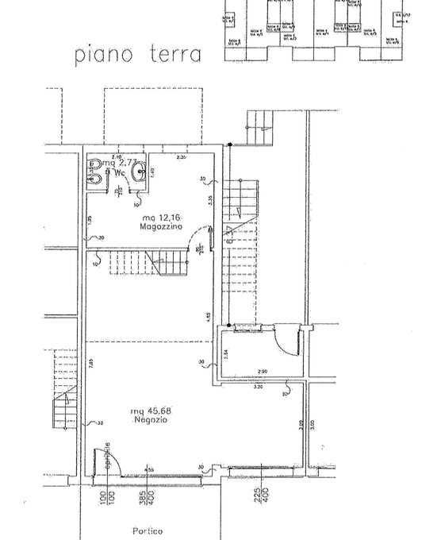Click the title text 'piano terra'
[x=138, y=54]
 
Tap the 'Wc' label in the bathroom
[x=120, y=172]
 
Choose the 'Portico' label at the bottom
[x=148, y=530]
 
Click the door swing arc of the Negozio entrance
[x=109, y=461]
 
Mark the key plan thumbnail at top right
[x=316, y=29]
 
